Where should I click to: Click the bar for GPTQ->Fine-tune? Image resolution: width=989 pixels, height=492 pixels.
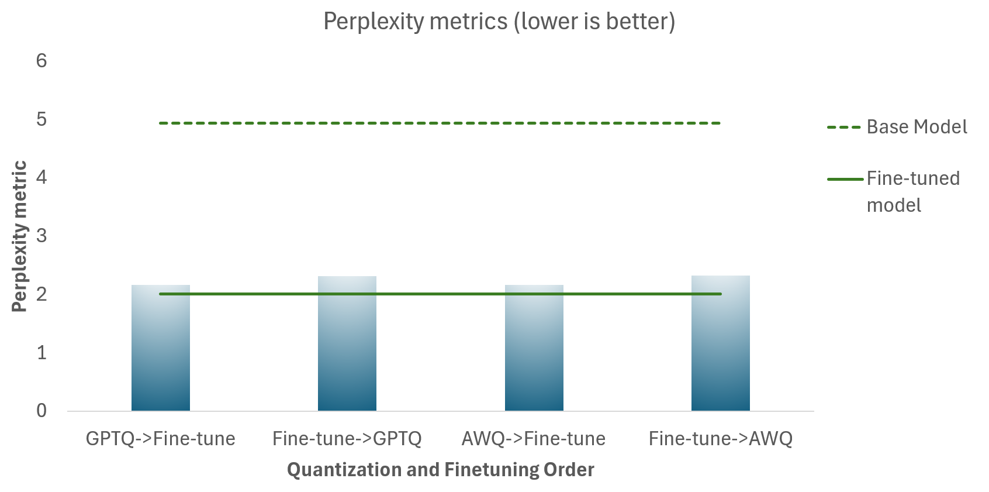(161, 351)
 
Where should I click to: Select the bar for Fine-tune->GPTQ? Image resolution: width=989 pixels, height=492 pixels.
(347, 345)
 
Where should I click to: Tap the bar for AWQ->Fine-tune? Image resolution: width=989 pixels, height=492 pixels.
(534, 351)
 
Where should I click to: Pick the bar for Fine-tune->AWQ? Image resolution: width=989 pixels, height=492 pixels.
(721, 345)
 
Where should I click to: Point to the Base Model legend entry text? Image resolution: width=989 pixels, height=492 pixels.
(917, 127)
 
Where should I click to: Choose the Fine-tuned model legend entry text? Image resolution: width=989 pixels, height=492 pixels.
(913, 191)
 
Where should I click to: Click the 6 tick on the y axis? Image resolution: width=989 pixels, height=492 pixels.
(42, 60)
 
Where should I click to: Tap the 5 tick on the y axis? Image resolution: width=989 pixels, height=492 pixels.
(42, 119)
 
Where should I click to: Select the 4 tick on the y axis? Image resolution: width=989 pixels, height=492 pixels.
(42, 177)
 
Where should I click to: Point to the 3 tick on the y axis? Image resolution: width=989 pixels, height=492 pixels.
(42, 235)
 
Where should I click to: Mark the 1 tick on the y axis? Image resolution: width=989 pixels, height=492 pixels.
(42, 352)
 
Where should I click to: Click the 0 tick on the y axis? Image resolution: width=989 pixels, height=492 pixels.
(42, 411)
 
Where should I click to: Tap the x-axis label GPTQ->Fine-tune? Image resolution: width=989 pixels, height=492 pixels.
(161, 439)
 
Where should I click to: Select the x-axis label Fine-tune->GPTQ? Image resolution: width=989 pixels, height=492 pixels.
(347, 439)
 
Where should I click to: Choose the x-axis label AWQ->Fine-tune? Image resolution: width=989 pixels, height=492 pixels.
(534, 439)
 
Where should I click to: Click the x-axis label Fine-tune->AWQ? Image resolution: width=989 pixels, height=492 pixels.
(721, 439)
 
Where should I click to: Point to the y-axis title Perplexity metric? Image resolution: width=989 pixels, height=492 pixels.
(20, 236)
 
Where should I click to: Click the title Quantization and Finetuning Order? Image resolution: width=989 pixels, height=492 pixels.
(441, 470)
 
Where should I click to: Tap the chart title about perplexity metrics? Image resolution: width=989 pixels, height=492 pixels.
(499, 22)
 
